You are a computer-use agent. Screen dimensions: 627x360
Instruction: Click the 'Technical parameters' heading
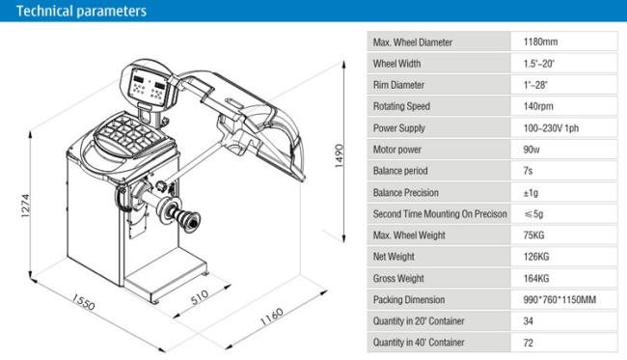tap(81, 11)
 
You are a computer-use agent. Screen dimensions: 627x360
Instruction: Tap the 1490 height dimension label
tap(339, 155)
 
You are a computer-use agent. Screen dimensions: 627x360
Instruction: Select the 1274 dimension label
tap(25, 206)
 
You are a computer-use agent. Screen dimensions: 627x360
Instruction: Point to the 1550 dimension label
tap(83, 302)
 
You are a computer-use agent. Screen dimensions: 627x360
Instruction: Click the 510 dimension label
tap(200, 297)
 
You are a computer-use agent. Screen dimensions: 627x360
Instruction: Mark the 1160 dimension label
tap(272, 316)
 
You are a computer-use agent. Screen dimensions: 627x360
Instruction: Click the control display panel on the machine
tap(149, 89)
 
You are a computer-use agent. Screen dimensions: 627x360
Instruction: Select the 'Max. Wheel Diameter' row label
tap(412, 42)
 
